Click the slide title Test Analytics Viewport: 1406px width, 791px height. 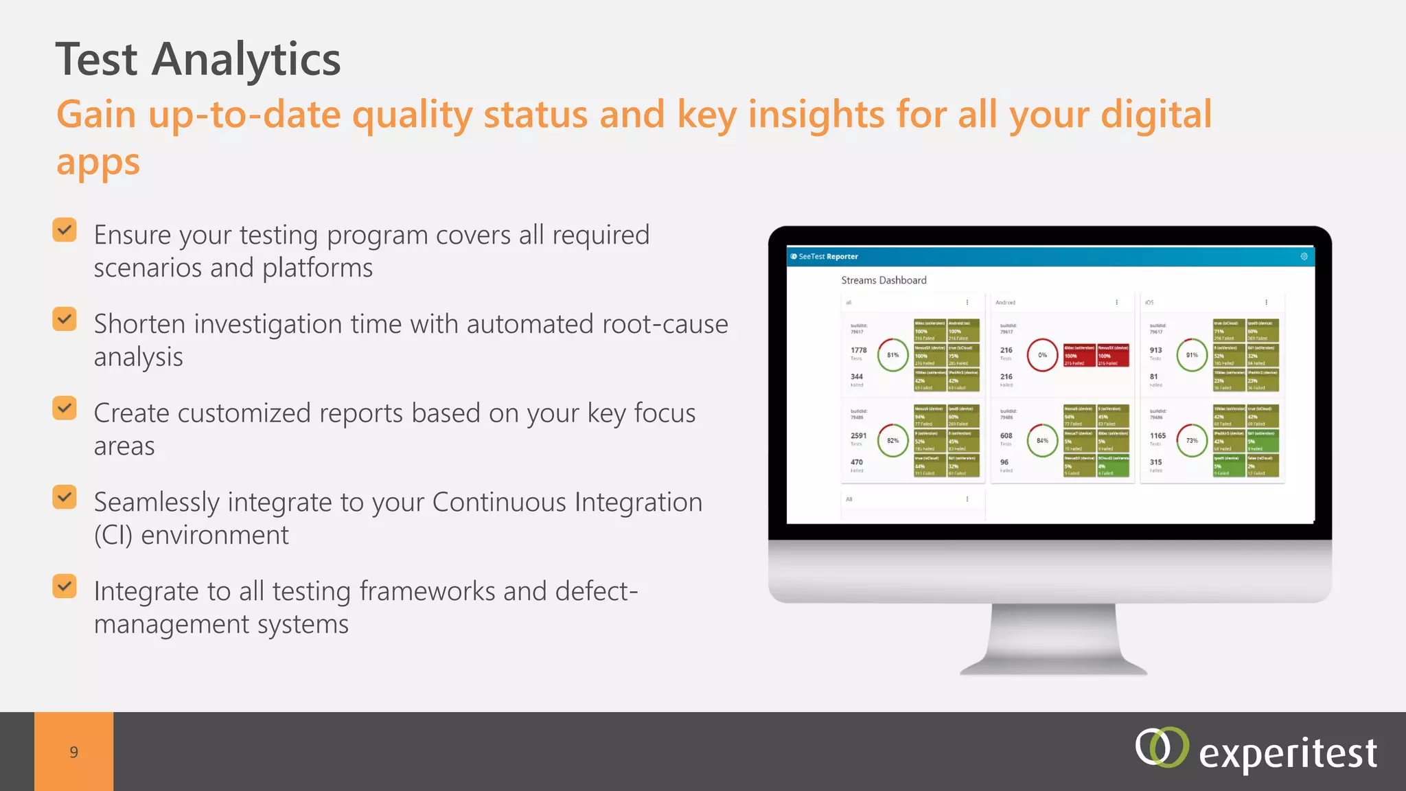(x=198, y=59)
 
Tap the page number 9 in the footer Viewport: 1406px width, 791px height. (x=73, y=752)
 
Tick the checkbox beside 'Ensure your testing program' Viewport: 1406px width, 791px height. (x=65, y=230)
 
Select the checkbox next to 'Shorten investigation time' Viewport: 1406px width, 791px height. (x=65, y=319)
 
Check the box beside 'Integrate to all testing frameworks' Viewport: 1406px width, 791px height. (x=65, y=586)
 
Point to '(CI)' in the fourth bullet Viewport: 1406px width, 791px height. (x=113, y=536)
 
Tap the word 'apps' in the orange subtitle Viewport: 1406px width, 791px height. (x=98, y=163)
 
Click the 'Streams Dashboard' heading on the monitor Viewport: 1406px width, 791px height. (x=884, y=280)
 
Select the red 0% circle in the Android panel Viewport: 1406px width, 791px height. (x=1042, y=355)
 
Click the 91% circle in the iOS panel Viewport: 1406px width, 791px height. (x=1192, y=355)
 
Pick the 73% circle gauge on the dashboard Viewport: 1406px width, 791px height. (x=1192, y=441)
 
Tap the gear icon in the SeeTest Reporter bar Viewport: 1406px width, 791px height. (x=1304, y=256)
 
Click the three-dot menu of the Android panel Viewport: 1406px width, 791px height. (x=1116, y=302)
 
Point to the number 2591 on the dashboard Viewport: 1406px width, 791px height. (x=858, y=435)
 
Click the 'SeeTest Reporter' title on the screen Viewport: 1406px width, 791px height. (x=828, y=256)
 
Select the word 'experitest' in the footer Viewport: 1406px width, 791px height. (x=1287, y=754)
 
